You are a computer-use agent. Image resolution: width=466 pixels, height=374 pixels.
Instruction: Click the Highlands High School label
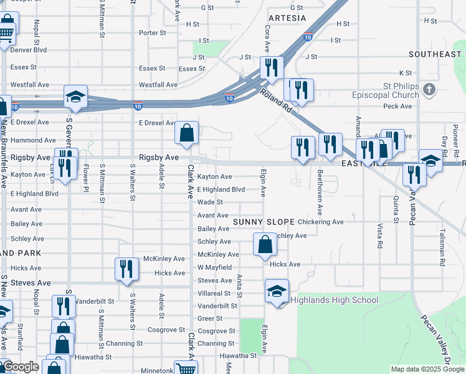pyautogui.click(x=337, y=300)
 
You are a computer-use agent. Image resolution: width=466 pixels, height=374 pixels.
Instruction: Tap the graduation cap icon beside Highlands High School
pyautogui.click(x=277, y=290)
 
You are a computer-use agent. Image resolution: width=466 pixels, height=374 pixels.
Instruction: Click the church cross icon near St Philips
pyautogui.click(x=428, y=90)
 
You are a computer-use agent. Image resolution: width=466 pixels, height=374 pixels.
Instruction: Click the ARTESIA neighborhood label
pyautogui.click(x=287, y=18)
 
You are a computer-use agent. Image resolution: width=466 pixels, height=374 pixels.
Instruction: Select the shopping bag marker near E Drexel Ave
pyautogui.click(x=187, y=132)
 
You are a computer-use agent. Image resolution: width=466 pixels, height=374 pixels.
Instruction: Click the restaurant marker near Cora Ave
pyautogui.click(x=272, y=67)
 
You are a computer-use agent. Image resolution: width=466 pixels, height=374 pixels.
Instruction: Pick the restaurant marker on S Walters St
pyautogui.click(x=126, y=269)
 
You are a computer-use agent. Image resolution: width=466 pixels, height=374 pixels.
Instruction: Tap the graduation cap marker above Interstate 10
pyautogui.click(x=75, y=96)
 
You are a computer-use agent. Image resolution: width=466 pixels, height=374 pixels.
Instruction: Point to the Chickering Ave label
pyautogui.click(x=320, y=222)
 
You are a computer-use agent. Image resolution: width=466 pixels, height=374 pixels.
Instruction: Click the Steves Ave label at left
pyautogui.click(x=31, y=283)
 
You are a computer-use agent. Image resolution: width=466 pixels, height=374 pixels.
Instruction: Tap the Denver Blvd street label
pyautogui.click(x=29, y=50)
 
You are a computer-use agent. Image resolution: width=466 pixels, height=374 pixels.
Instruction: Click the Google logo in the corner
pyautogui.click(x=21, y=367)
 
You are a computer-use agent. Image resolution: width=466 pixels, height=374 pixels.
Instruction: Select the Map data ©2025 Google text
pyautogui.click(x=427, y=369)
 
